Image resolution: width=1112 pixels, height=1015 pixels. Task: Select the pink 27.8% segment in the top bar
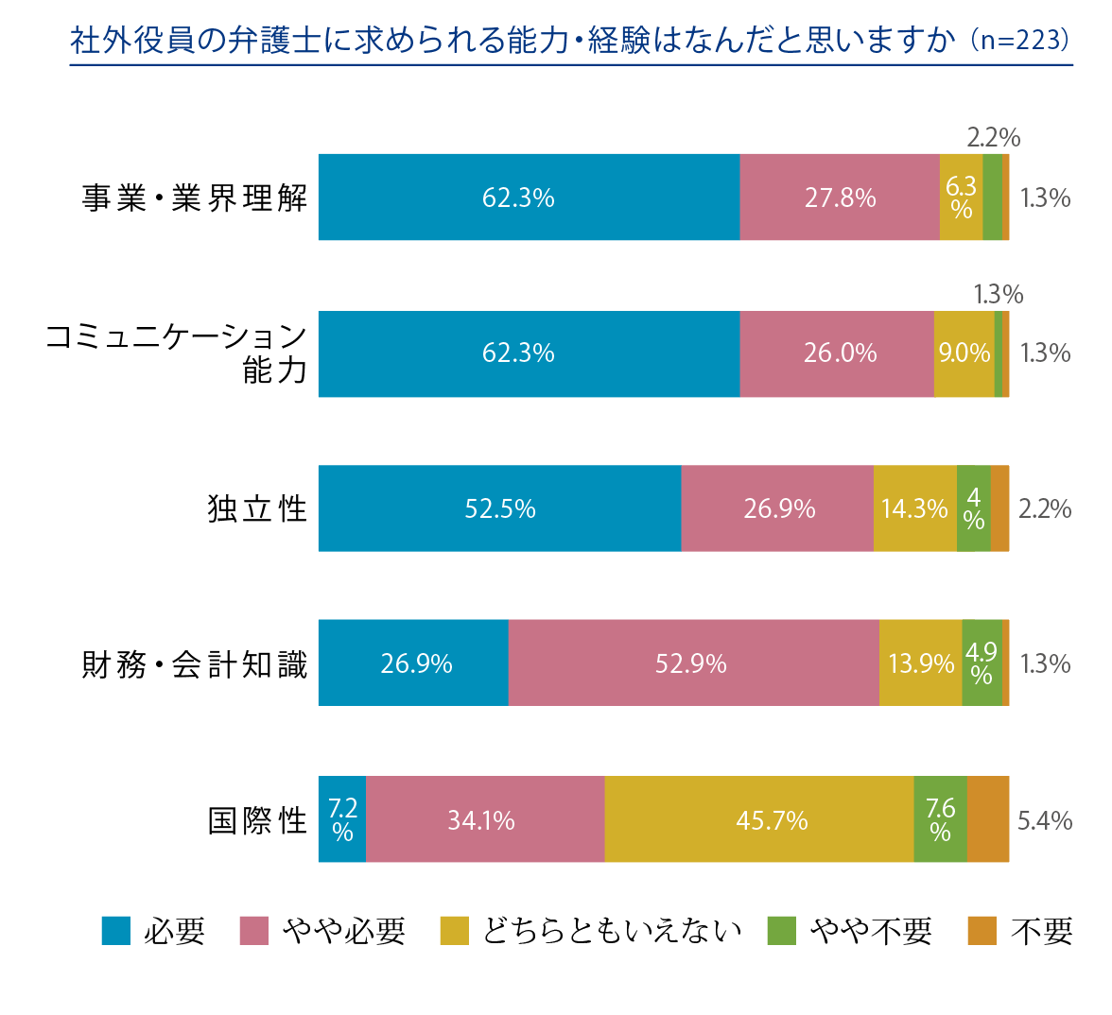click(x=840, y=198)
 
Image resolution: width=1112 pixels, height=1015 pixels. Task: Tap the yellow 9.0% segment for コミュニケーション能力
click(x=964, y=353)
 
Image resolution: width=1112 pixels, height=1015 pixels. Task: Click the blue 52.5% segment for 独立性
click(x=499, y=508)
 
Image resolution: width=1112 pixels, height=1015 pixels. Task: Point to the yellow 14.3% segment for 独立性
click(x=914, y=508)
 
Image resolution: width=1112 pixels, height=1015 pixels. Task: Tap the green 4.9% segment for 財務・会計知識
click(x=982, y=663)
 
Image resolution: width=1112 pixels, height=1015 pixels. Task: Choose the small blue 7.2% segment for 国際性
click(x=342, y=819)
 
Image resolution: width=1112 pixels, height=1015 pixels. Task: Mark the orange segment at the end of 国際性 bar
click(x=988, y=819)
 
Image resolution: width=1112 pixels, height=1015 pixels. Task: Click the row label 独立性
click(x=257, y=508)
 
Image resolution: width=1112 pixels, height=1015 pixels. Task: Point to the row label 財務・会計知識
click(x=195, y=664)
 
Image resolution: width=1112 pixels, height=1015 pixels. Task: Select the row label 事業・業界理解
click(x=195, y=198)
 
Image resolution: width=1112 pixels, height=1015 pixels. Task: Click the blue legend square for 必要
click(x=116, y=931)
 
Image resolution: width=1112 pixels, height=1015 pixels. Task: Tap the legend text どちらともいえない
click(x=611, y=931)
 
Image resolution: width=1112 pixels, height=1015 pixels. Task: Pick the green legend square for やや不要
click(x=782, y=931)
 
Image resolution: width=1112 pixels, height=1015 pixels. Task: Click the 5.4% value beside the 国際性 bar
click(x=1045, y=820)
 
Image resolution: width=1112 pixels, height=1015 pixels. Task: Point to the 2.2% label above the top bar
click(x=994, y=138)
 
